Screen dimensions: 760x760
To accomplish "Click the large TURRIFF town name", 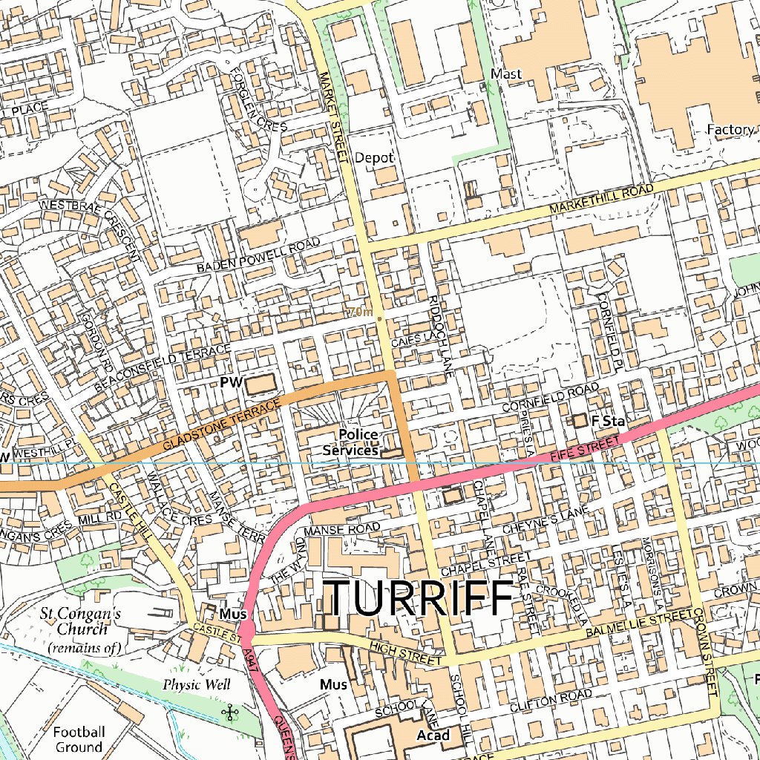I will pyautogui.click(x=420, y=598).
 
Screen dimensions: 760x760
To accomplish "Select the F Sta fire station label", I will pyautogui.click(x=605, y=421).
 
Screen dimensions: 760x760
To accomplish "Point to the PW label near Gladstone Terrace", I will pyautogui.click(x=232, y=382).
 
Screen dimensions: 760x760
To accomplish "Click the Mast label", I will pyautogui.click(x=506, y=74).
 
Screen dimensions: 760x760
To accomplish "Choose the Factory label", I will pyautogui.click(x=730, y=130).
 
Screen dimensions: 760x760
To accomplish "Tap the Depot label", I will pyautogui.click(x=374, y=158).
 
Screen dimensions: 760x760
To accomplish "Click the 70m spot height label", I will pyautogui.click(x=359, y=313).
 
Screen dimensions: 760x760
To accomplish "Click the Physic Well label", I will pyautogui.click(x=197, y=684).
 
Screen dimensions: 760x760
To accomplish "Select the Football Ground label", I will pyautogui.click(x=78, y=739).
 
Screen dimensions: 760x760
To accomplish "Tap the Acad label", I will pyautogui.click(x=433, y=735).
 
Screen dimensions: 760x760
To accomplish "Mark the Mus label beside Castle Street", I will pyautogui.click(x=228, y=615).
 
